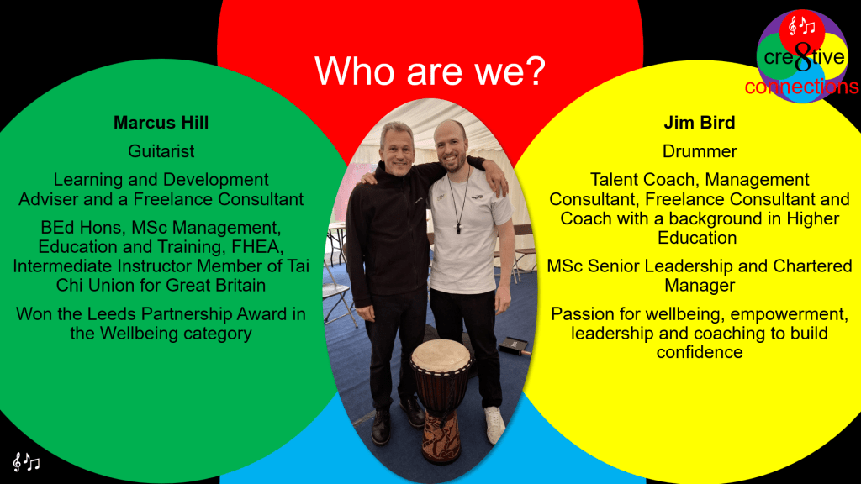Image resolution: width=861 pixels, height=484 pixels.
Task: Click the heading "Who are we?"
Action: (x=430, y=71)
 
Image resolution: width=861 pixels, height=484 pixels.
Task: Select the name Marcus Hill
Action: (x=161, y=123)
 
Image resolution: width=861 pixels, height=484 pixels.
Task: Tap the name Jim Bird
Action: (x=699, y=123)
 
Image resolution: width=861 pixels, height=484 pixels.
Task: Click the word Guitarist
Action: (x=161, y=151)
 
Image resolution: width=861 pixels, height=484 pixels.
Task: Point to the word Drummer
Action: (x=700, y=151)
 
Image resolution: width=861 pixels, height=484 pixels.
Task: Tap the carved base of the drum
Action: (x=441, y=438)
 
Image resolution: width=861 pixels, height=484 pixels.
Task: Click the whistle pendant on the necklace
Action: (x=458, y=228)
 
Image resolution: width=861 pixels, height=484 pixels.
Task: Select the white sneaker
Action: (x=494, y=424)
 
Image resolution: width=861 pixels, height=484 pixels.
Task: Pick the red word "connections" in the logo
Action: (x=801, y=87)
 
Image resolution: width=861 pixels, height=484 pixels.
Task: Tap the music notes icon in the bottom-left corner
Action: (x=26, y=462)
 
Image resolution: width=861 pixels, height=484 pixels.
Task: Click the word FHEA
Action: (x=257, y=246)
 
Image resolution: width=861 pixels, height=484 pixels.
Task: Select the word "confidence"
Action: (x=700, y=352)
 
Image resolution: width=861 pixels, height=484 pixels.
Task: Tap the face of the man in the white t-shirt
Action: (x=451, y=148)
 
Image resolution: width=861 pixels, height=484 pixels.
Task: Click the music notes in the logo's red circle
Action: (x=801, y=25)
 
